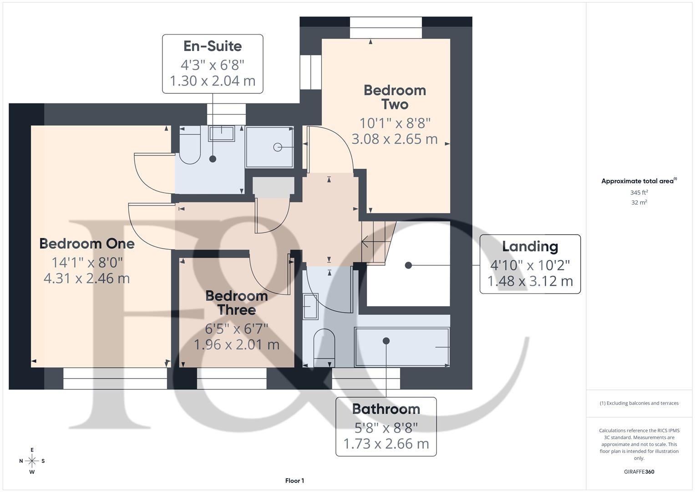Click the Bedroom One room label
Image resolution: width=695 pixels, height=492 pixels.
point(87,244)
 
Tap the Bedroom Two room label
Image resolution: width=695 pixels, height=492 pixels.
point(395,97)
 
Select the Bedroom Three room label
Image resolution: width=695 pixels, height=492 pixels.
point(237,303)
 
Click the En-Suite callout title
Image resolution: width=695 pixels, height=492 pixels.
point(213,46)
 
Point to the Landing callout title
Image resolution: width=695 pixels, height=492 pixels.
point(530,246)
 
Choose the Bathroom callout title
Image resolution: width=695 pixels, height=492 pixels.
point(386,409)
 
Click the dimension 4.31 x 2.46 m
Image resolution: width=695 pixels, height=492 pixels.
point(87,278)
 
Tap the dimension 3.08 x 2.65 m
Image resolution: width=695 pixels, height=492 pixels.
point(395,139)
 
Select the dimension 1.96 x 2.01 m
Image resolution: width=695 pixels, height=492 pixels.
point(237,345)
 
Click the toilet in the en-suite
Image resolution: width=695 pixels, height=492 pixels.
point(190,146)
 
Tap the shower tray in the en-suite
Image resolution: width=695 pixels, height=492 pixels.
point(269,147)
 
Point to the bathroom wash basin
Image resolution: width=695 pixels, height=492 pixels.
point(311,307)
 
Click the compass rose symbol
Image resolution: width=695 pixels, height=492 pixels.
point(32,461)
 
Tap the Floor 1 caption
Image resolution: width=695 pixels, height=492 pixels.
point(294,481)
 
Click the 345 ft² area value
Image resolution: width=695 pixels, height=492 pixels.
point(639,193)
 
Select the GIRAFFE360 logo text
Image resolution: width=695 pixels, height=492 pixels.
point(639,471)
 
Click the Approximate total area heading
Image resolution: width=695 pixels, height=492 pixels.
point(638,181)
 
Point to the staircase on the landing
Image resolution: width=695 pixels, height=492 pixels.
point(377,242)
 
